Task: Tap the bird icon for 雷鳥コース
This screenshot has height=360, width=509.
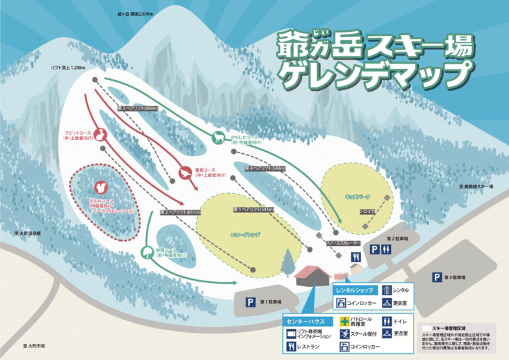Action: point(184,173)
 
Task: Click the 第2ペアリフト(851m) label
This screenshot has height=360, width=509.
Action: point(180,212)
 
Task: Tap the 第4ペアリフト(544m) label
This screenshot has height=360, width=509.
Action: point(265,168)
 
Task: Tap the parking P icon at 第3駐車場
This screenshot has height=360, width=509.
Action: point(437,277)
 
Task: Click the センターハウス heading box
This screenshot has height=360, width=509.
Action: point(307,321)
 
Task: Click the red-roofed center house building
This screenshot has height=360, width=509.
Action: point(312,272)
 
